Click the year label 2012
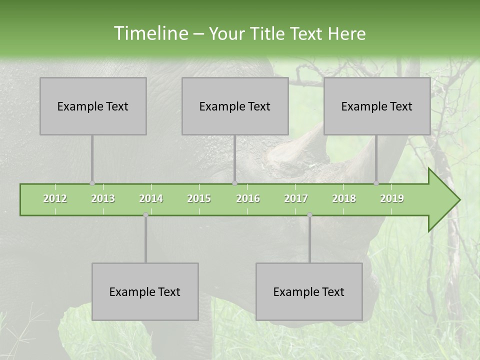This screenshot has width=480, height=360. point(55,198)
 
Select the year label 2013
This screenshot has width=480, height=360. point(103,198)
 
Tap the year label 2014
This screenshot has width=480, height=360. point(151,198)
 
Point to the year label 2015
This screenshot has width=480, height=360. point(199,198)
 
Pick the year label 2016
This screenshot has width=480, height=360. point(248,198)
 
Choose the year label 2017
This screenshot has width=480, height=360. point(296,198)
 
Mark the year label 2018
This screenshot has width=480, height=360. point(344,198)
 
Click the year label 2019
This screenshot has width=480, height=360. point(392,198)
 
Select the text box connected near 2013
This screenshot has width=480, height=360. point(93,106)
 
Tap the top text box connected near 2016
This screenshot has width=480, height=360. point(235,106)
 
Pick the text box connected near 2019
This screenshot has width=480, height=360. point(377,106)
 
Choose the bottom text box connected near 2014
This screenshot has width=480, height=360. point(145,291)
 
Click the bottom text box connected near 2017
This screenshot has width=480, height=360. point(309,291)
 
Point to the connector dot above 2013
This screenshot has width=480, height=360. point(92,183)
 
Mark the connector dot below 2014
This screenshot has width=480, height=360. point(145,215)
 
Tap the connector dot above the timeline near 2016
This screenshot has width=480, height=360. point(235,183)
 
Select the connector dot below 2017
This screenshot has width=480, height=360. point(309,215)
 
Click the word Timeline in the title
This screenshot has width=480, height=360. point(150,33)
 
